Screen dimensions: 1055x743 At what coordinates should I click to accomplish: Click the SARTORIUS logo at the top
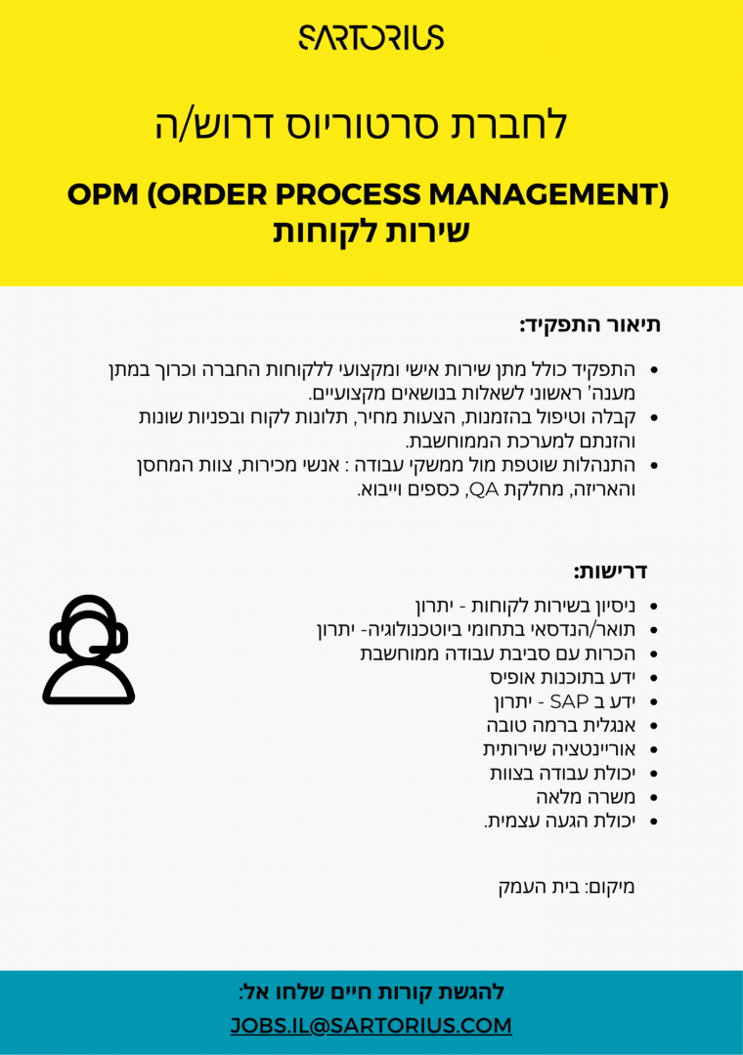[371, 37]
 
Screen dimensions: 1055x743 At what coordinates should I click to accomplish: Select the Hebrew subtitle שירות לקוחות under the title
[371, 232]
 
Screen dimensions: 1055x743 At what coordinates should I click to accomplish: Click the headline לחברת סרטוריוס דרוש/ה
[362, 125]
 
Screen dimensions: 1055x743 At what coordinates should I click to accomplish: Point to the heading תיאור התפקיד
[590, 324]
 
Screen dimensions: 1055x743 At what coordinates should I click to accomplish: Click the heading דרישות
[610, 570]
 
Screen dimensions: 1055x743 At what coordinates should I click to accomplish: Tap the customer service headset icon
[89, 650]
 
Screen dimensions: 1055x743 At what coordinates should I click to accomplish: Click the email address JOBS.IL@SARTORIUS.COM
[371, 1026]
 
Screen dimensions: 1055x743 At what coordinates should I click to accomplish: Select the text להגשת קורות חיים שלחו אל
[371, 992]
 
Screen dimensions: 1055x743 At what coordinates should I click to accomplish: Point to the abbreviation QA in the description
[484, 488]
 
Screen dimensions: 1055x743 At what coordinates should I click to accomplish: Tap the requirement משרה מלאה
[592, 797]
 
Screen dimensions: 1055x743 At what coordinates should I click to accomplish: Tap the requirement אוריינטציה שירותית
[559, 749]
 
